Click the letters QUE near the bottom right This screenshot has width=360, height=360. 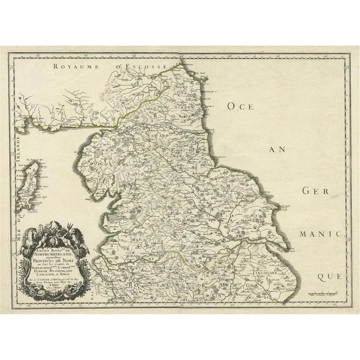coord(328,276)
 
